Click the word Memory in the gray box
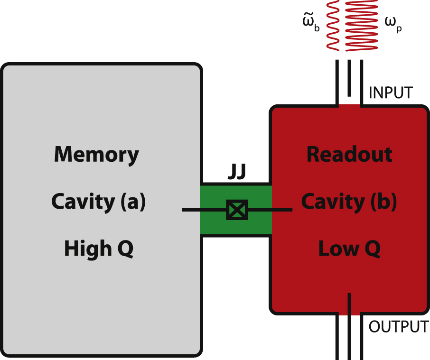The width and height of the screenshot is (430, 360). (x=96, y=155)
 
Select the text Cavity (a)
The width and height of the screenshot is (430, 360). (x=98, y=202)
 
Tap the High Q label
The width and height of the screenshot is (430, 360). (x=99, y=249)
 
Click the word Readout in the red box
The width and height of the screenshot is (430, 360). (x=349, y=155)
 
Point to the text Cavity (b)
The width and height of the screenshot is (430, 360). (x=349, y=202)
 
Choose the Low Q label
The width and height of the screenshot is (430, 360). (x=349, y=249)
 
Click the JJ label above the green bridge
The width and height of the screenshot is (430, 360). (x=236, y=174)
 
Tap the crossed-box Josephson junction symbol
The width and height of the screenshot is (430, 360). (x=237, y=210)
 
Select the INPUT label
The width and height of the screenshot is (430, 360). (x=391, y=92)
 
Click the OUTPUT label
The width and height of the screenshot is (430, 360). (x=398, y=327)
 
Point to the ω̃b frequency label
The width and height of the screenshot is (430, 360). (x=311, y=26)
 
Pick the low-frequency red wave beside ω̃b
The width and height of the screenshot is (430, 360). (x=333, y=25)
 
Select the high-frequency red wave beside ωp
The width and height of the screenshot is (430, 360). (x=362, y=25)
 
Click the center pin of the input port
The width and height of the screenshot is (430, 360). (x=349, y=78)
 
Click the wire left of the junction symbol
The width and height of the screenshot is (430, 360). (x=204, y=210)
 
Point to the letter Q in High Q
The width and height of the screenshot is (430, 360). (x=125, y=249)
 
